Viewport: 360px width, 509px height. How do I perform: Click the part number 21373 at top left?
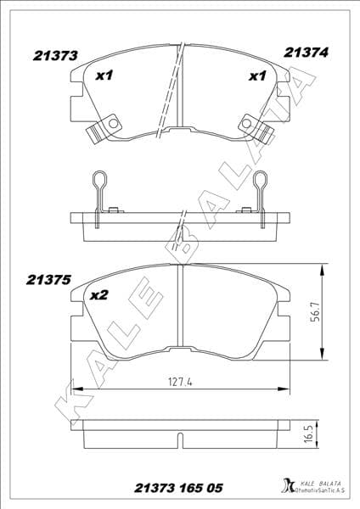click(56, 55)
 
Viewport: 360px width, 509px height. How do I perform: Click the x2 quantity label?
click(98, 295)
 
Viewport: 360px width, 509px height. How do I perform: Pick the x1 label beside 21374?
click(256, 77)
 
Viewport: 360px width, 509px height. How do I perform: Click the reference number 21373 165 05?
click(180, 488)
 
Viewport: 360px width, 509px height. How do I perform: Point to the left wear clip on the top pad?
click(99, 128)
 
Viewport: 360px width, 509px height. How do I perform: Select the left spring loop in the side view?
click(99, 183)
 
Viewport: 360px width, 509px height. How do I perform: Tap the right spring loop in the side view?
click(259, 183)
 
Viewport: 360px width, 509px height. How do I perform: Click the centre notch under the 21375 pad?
click(180, 350)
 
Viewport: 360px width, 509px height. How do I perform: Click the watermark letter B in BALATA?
click(178, 240)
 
